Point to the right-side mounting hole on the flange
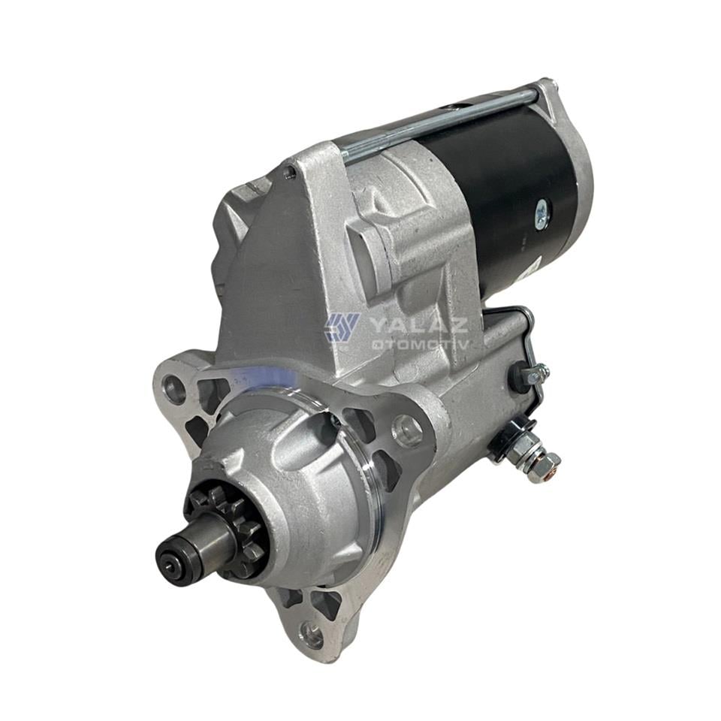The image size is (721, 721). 407,430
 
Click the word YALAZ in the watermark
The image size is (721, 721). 418,324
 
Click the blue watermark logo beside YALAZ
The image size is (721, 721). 341,327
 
